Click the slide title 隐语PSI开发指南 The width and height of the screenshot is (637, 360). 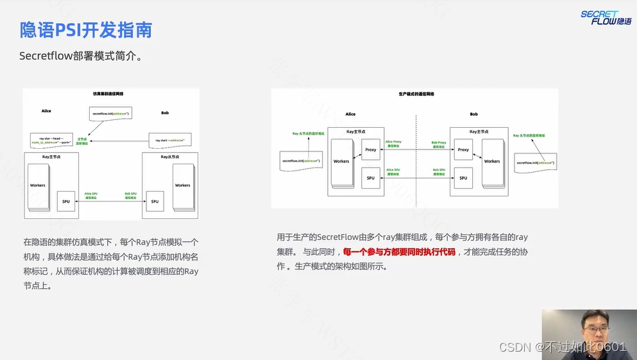point(86,30)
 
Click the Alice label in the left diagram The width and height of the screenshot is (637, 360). point(46,111)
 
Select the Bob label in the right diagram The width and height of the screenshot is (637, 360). point(473,114)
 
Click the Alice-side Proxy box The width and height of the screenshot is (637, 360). point(371,150)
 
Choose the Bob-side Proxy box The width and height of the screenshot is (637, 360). point(463,150)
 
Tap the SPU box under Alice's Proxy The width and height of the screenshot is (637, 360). point(371,178)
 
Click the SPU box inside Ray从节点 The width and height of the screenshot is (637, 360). point(155,201)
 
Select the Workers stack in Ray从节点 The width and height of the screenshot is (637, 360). point(183,185)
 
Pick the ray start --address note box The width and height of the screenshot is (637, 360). point(169,139)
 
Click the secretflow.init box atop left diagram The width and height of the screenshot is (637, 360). point(110,114)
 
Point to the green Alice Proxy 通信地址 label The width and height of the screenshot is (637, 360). point(393,144)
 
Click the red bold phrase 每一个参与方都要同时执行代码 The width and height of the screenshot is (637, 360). point(399,252)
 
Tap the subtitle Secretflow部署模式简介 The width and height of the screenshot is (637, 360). point(81,56)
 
